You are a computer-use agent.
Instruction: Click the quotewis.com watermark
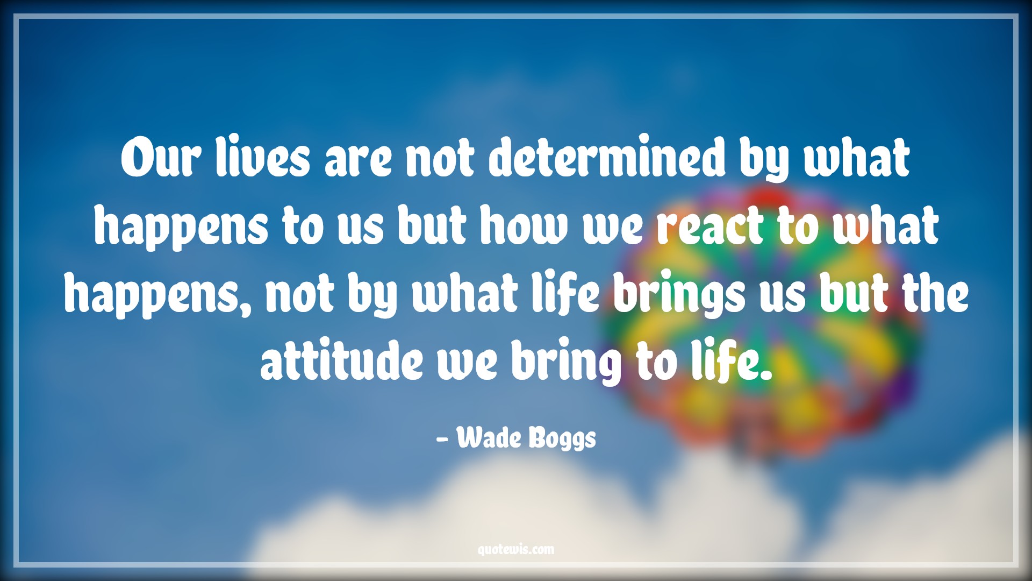(515, 549)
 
